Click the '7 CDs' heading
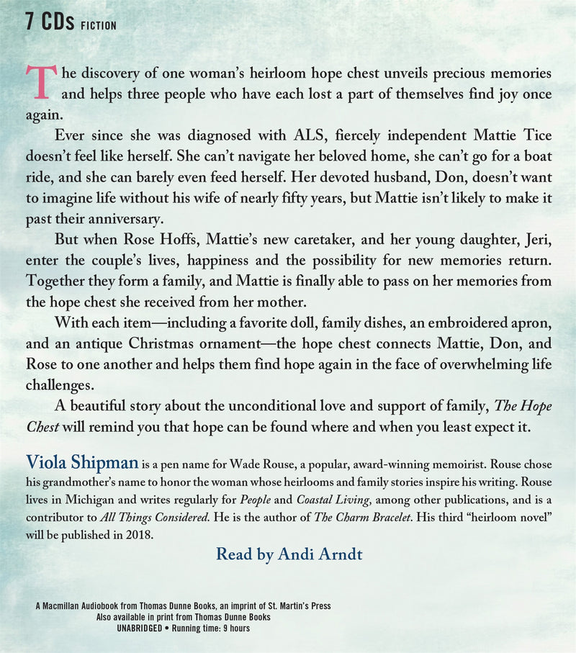[49, 22]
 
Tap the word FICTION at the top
[98, 25]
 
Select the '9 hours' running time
[230, 628]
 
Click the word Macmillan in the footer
[66, 606]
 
